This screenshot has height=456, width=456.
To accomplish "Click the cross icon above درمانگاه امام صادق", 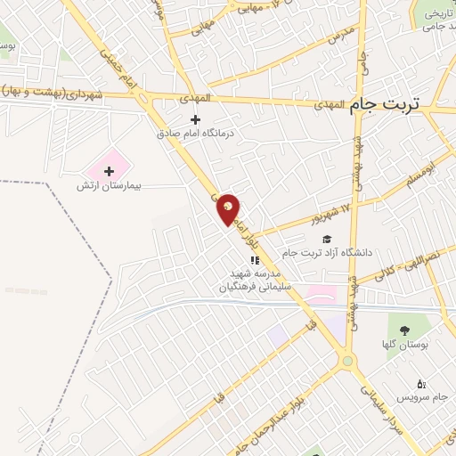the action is (x=196, y=120).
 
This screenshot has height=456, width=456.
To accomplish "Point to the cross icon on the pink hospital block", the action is (x=110, y=170).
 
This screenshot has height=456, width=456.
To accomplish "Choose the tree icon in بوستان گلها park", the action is (x=416, y=330).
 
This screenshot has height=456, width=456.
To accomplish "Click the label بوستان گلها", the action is (x=411, y=344).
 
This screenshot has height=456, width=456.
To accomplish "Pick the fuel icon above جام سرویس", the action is (x=421, y=383).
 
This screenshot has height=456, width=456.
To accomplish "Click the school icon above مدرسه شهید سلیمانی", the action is (x=255, y=261).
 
